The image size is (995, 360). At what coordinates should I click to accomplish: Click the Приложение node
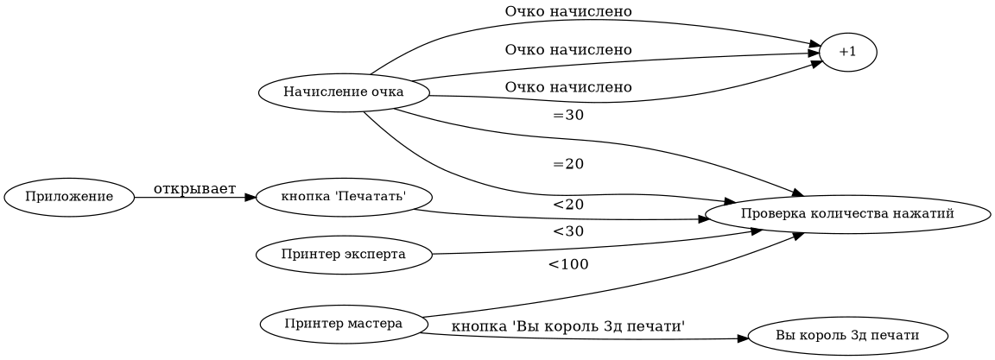point(69,197)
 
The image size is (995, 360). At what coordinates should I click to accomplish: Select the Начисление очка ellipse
point(344,93)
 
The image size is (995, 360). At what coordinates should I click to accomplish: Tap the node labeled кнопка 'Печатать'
point(344,197)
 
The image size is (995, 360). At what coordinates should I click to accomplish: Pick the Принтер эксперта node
point(344,255)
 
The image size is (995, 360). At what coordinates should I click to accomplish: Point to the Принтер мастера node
point(344,325)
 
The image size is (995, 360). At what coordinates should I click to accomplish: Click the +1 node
point(847,52)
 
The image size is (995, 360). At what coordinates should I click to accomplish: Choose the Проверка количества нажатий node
point(846,213)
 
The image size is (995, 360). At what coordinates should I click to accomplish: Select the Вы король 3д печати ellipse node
point(846,335)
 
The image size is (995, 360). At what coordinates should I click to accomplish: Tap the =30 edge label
point(567,116)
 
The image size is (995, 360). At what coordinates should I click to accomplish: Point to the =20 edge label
point(567,164)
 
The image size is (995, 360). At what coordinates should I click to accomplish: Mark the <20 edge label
point(567,205)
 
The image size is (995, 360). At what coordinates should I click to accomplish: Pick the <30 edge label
point(567,231)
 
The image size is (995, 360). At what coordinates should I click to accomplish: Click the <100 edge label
point(567,264)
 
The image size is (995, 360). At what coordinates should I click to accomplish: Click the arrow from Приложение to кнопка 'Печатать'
point(190,198)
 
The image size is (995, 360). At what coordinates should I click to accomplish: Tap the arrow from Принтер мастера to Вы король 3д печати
point(587,339)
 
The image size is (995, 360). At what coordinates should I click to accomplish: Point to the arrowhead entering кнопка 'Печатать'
point(250,198)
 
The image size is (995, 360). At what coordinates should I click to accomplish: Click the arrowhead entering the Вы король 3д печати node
point(741,339)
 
